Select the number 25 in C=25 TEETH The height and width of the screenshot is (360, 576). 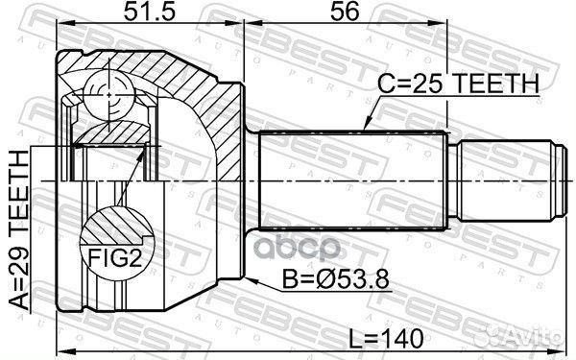[x=426, y=84]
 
